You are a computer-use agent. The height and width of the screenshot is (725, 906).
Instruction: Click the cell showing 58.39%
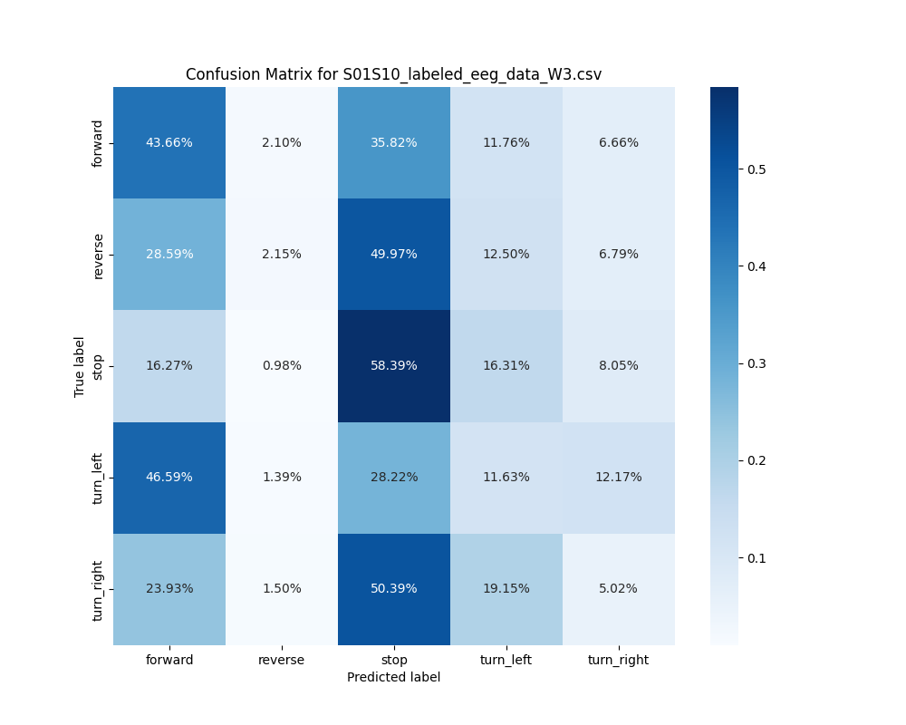394,365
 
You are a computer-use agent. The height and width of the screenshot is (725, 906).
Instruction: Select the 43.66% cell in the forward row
169,142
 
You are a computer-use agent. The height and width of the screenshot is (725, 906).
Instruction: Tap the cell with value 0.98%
282,365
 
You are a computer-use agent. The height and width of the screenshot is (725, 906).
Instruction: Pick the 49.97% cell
394,254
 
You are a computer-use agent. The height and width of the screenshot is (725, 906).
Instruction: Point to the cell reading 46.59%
169,477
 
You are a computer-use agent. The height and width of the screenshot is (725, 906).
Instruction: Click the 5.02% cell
619,588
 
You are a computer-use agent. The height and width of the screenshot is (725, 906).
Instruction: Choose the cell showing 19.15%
506,588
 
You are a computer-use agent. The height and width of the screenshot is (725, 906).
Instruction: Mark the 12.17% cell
619,477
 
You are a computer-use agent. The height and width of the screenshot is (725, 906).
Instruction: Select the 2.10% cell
282,142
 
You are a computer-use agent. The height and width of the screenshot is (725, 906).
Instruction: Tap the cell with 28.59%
169,254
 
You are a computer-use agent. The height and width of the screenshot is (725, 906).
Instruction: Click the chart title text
393,74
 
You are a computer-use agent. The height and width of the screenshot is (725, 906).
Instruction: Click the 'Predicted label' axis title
393,677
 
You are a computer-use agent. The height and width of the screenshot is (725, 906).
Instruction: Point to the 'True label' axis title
80,366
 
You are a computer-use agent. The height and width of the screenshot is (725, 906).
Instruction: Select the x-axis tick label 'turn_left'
506,660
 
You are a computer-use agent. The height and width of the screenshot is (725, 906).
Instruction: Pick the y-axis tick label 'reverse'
99,255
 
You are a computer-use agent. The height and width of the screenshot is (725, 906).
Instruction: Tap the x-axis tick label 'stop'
394,660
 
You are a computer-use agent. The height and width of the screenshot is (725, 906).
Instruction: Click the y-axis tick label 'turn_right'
99,590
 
